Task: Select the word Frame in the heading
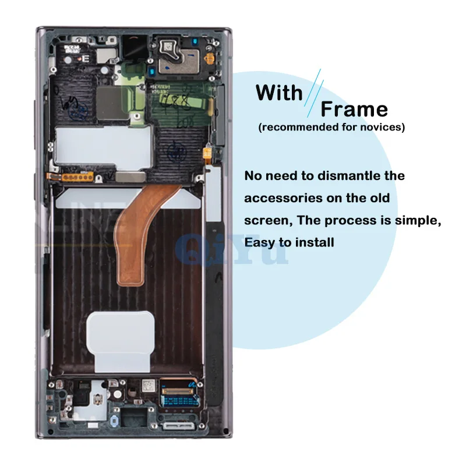click(354, 109)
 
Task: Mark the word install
click(313, 242)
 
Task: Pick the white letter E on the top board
click(86, 58)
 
